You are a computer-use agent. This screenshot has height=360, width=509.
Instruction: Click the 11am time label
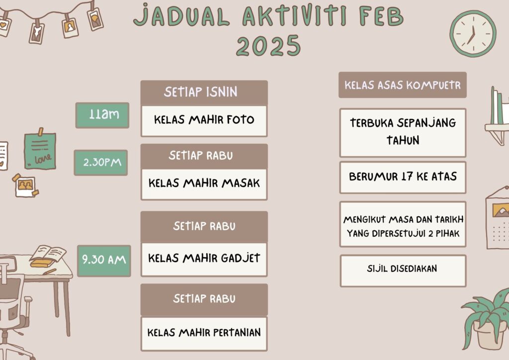coord(102,115)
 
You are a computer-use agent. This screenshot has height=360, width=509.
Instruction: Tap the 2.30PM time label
coord(101,163)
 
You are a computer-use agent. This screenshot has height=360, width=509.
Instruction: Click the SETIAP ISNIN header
coord(204,92)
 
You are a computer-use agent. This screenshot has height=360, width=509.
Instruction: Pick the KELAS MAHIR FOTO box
coord(204,121)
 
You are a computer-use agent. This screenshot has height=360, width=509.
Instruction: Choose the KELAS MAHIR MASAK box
coord(204,184)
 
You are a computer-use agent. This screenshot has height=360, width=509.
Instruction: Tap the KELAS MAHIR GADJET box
coord(204,259)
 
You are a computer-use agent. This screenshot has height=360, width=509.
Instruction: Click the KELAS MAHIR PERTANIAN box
coord(204,334)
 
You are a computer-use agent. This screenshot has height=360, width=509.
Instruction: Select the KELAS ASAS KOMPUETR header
coord(403,85)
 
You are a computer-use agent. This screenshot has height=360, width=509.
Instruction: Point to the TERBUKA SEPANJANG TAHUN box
coord(403,133)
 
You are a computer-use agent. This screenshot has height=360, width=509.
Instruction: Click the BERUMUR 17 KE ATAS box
coord(403,178)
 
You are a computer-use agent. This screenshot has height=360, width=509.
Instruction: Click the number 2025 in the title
coord(268,46)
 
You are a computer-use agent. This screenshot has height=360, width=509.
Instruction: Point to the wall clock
coord(473,34)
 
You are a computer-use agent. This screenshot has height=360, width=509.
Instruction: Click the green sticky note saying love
coord(40,151)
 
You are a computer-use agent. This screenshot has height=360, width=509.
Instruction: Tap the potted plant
coord(487,320)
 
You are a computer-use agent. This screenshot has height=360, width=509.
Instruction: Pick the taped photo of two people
coord(25,185)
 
